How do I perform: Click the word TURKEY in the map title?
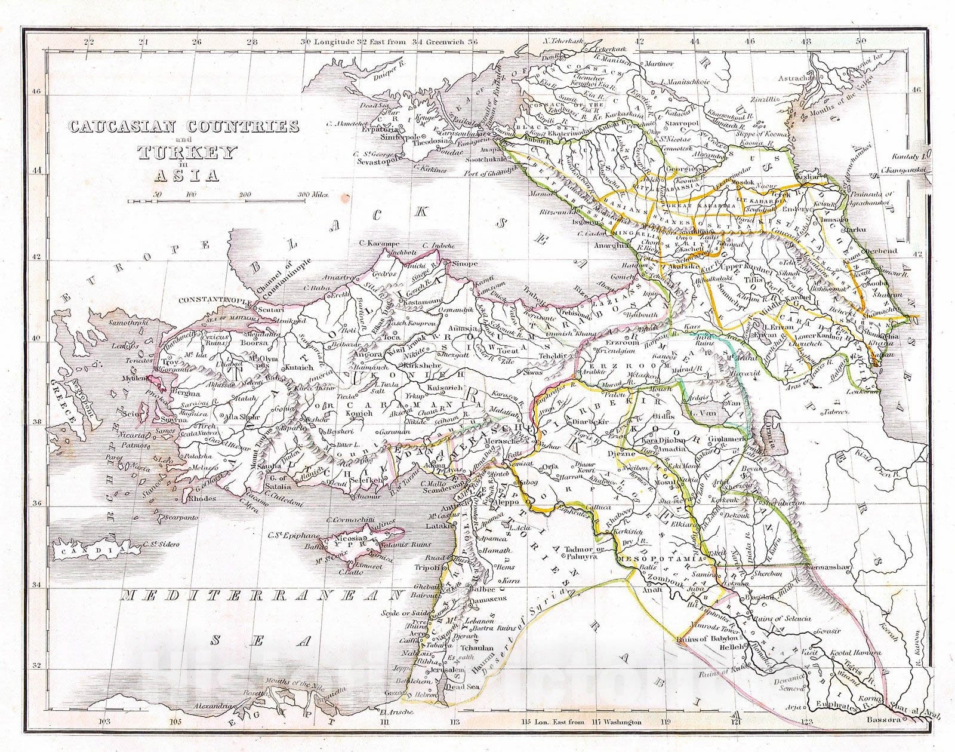pyautogui.click(x=187, y=153)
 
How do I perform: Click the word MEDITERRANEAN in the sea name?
pyautogui.click(x=260, y=595)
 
